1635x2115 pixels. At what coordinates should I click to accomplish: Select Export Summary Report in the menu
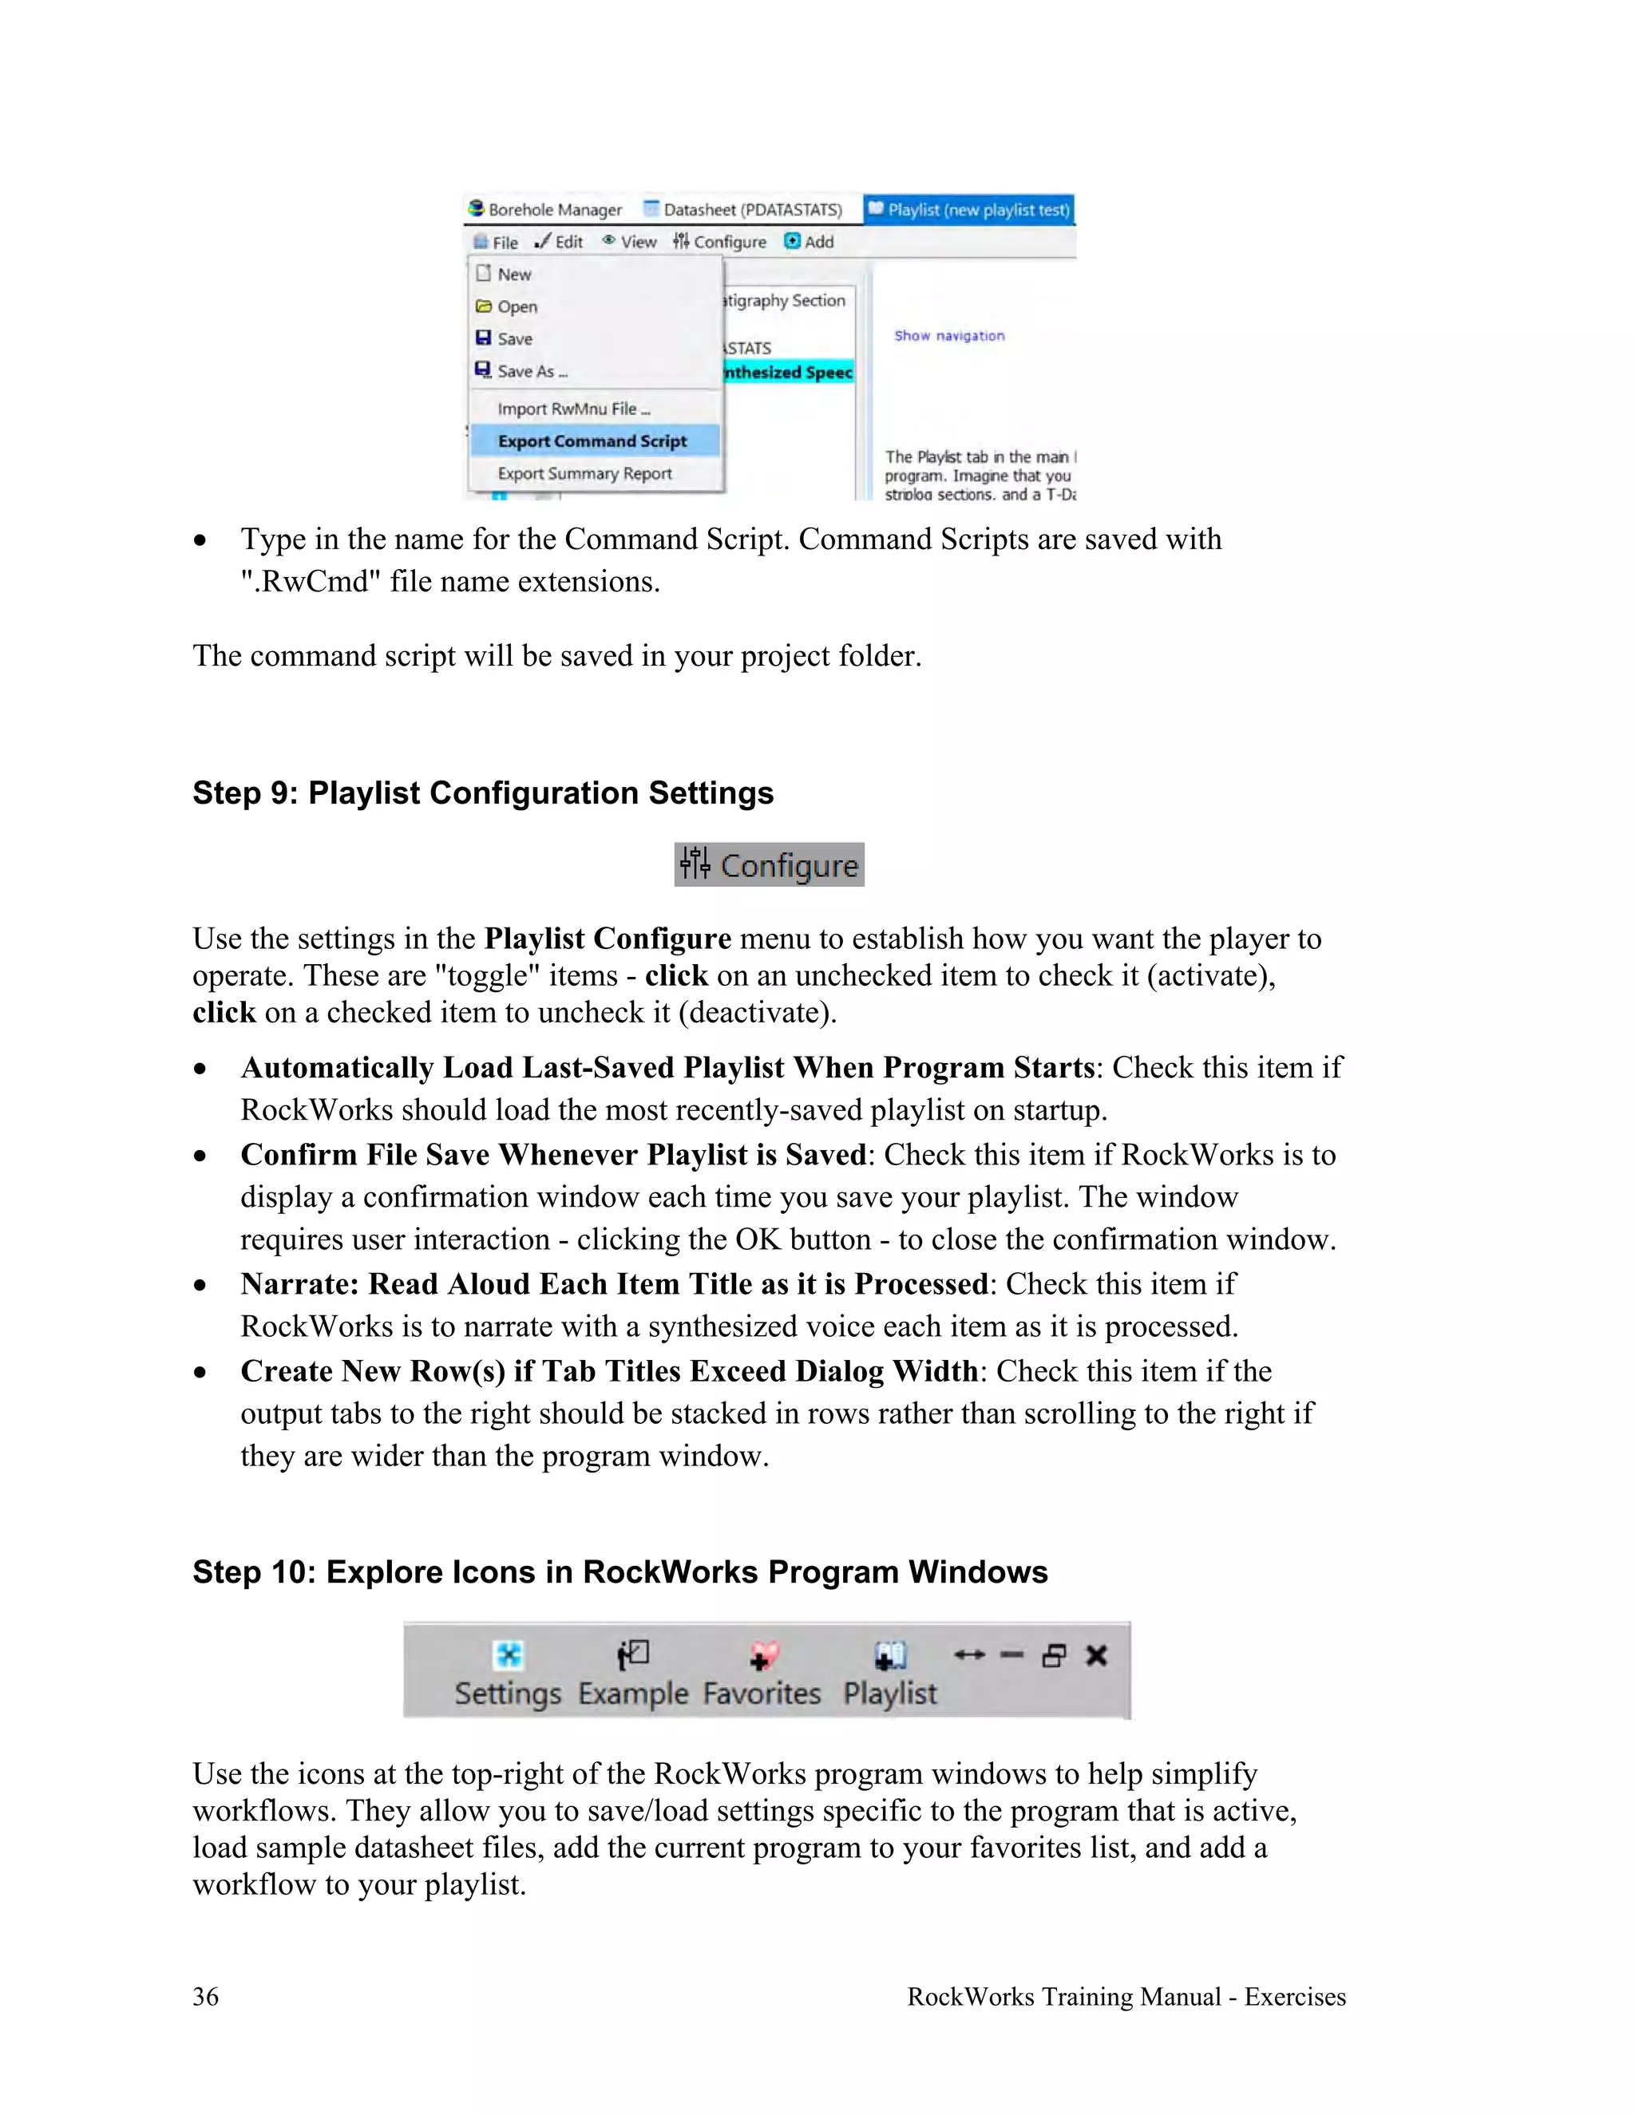click(x=584, y=473)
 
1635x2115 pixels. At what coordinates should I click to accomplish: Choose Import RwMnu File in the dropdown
click(x=572, y=409)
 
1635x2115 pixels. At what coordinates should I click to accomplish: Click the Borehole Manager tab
click(x=545, y=209)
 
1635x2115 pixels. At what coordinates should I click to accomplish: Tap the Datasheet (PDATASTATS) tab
click(x=744, y=209)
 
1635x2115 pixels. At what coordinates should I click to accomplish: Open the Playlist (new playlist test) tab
click(x=969, y=209)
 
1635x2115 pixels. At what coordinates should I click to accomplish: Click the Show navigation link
click(x=949, y=335)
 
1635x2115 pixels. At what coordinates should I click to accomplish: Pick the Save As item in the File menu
click(x=531, y=371)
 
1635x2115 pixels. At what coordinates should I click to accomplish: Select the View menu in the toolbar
click(x=630, y=241)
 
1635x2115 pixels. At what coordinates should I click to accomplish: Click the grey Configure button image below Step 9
click(x=769, y=865)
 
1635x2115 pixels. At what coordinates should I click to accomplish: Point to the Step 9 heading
click(x=482, y=793)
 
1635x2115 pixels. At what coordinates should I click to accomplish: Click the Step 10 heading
click(x=620, y=1571)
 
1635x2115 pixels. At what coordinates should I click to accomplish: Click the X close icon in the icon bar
click(x=1095, y=1656)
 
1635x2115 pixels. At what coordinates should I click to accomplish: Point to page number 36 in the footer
click(x=205, y=1996)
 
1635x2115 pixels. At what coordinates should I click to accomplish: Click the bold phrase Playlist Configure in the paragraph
click(x=608, y=939)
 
